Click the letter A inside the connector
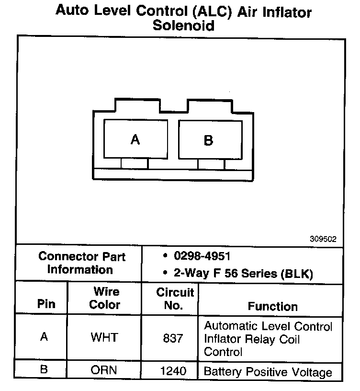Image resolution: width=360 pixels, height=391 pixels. point(135,139)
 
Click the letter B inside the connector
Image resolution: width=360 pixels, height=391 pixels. point(208,140)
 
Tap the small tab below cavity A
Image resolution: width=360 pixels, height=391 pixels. point(135,163)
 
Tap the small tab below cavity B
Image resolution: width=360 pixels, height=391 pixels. point(211,164)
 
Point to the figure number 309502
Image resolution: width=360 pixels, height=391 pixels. point(323,238)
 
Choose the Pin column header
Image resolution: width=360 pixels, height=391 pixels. point(46,304)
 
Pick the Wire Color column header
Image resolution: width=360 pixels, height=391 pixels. point(105,298)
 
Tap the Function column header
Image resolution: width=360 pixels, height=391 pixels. point(272,306)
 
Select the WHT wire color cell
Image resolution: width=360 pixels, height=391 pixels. point(104,337)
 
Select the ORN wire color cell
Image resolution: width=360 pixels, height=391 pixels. point(104,370)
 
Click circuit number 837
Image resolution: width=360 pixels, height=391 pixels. point(173,338)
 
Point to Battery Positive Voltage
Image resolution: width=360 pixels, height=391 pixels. point(268,372)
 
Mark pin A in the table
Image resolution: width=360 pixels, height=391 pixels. point(44,337)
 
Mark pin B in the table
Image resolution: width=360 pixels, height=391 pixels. point(44,370)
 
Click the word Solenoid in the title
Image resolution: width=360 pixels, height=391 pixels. point(183,25)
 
